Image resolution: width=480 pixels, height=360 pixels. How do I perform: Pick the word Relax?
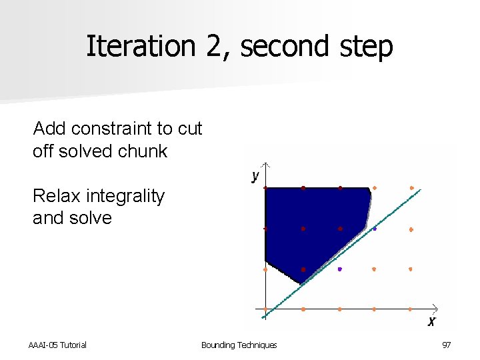55,196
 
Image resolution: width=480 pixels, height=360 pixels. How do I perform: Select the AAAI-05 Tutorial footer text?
57,345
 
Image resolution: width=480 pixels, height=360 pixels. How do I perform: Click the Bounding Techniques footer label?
239,345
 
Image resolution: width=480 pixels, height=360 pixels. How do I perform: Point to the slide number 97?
446,345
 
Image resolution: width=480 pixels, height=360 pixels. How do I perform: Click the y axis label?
255,176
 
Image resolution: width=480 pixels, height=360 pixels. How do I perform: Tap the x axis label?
431,321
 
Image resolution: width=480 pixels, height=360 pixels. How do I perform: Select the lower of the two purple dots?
339,269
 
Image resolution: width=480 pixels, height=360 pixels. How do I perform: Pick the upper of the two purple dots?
375,229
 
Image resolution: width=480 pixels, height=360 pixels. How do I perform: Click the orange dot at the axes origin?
265,309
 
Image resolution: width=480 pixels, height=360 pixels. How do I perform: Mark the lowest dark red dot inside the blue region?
303,269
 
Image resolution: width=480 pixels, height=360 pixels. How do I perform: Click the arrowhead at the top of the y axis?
265,164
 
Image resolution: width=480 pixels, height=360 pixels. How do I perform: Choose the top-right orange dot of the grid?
411,188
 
